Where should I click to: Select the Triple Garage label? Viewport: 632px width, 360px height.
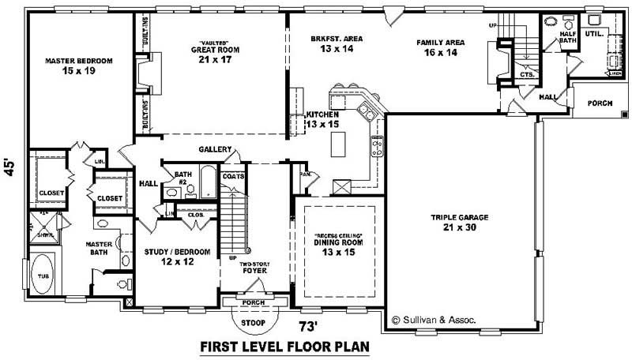458,222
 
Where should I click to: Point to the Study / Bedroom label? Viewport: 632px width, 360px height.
177,257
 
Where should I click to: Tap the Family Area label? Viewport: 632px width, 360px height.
440,47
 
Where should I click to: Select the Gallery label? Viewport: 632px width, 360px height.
214,150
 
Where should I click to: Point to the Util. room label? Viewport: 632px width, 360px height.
594,35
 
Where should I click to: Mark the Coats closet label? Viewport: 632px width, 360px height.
233,177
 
